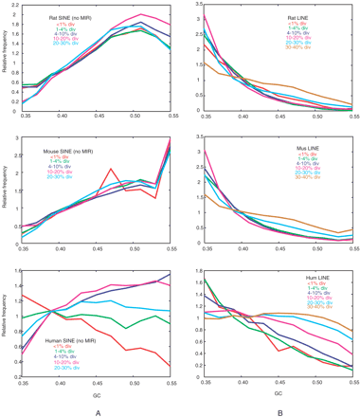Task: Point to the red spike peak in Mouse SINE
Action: pos(112,169)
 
